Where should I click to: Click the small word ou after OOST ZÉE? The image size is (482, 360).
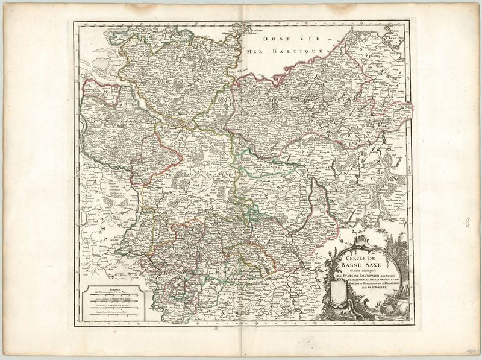(330, 38)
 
